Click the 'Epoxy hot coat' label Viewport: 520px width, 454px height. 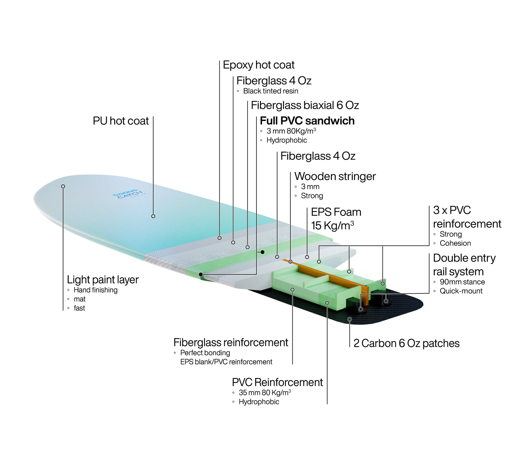(259, 65)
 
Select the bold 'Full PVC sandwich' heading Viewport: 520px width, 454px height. (307, 121)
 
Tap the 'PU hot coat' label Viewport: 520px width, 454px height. (121, 121)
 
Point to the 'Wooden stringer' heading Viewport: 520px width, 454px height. (335, 176)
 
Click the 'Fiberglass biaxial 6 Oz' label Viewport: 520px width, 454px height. (305, 105)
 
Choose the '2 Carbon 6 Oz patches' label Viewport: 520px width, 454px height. (406, 343)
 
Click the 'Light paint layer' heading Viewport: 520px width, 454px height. (103, 280)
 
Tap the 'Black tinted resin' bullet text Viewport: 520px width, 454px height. (270, 91)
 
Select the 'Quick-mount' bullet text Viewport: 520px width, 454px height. (461, 291)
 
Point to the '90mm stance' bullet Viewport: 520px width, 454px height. (462, 282)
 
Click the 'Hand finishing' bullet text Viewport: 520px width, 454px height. (95, 290)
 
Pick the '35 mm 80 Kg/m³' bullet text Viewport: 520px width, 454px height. (265, 393)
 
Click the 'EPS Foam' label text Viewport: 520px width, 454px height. (336, 212)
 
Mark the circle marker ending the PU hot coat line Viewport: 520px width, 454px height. (153, 216)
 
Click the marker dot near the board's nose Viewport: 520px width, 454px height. (63, 186)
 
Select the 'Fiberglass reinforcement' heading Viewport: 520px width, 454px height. (231, 342)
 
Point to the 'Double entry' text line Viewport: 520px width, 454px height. (464, 258)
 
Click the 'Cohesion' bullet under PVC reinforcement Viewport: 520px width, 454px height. (455, 243)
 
